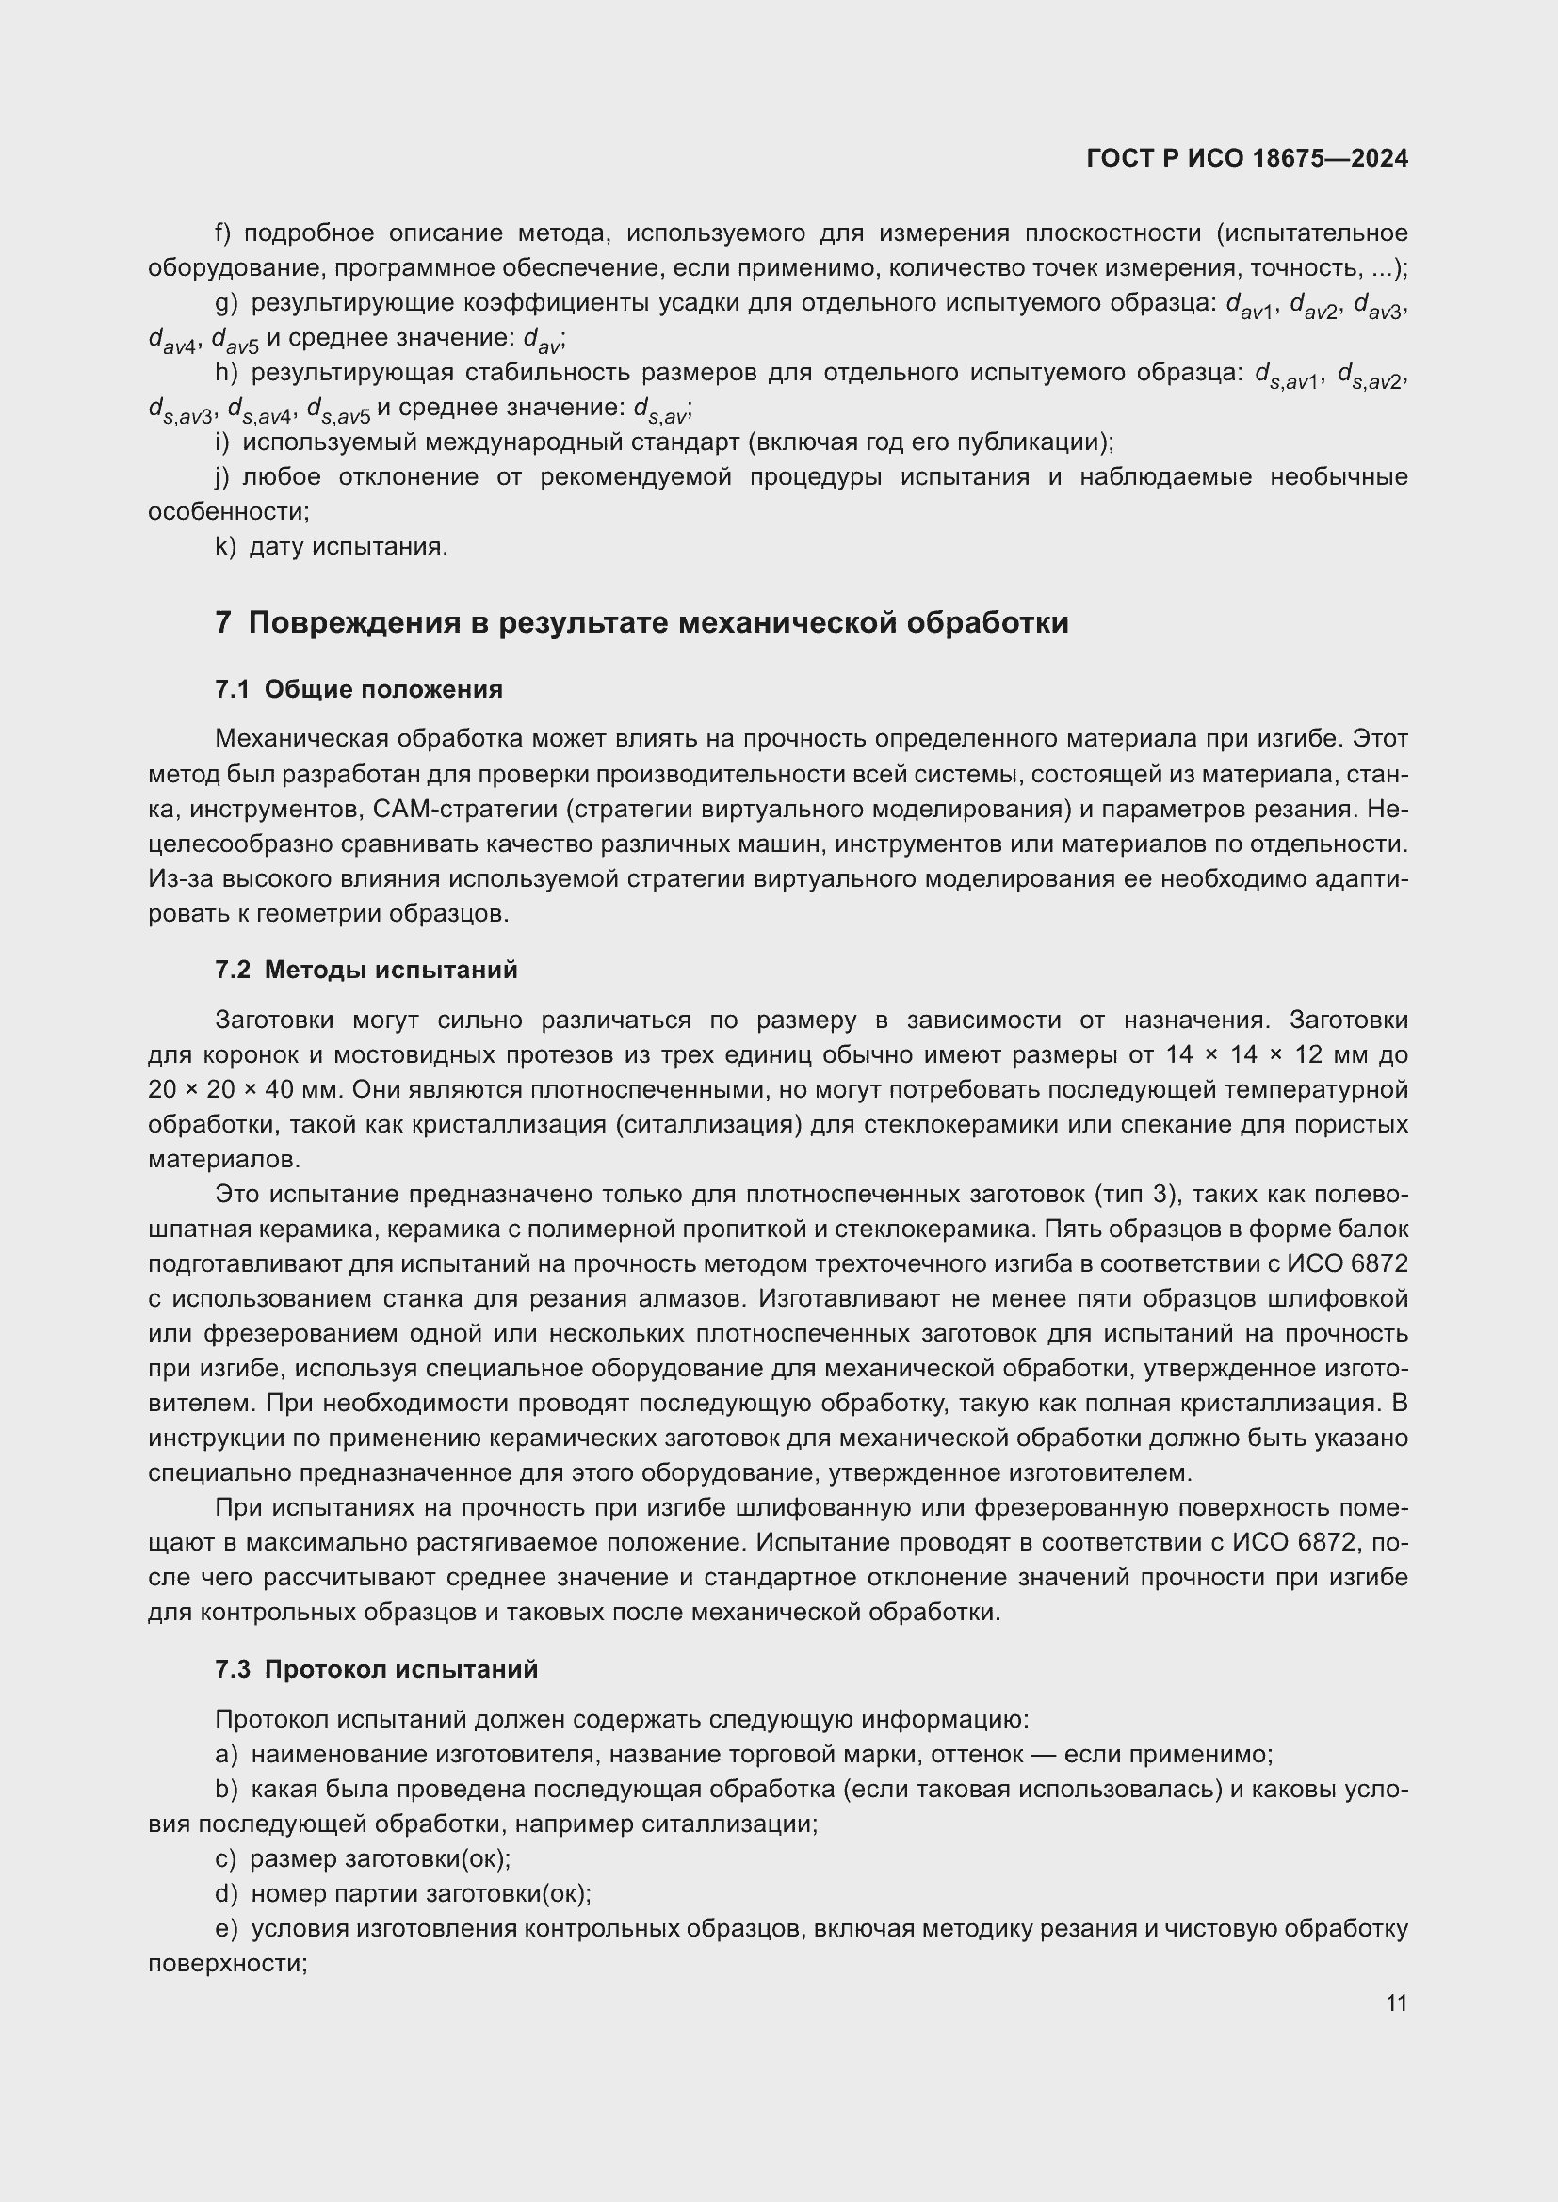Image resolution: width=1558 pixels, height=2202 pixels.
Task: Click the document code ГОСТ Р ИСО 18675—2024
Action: pyautogui.click(x=1246, y=158)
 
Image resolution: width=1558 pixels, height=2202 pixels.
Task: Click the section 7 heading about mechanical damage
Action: pyautogui.click(x=641, y=622)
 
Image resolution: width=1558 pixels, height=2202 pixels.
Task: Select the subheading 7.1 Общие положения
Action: pyautogui.click(x=359, y=688)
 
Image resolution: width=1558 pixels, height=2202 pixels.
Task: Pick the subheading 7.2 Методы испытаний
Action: pyautogui.click(x=365, y=970)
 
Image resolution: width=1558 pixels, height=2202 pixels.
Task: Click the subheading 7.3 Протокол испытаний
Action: pyautogui.click(x=376, y=1670)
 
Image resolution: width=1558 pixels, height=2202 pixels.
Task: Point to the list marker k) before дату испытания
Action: pyautogui.click(x=224, y=547)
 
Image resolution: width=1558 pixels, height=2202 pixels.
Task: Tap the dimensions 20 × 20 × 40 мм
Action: pyautogui.click(x=244, y=1089)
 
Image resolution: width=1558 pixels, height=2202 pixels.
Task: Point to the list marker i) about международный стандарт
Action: pyautogui.click(x=222, y=442)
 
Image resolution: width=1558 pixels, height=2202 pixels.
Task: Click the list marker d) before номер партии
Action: pyautogui.click(x=225, y=1894)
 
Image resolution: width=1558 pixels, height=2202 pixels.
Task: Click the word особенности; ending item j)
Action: pyautogui.click(x=228, y=512)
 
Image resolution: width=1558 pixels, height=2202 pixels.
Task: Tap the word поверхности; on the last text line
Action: pyautogui.click(x=227, y=1963)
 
